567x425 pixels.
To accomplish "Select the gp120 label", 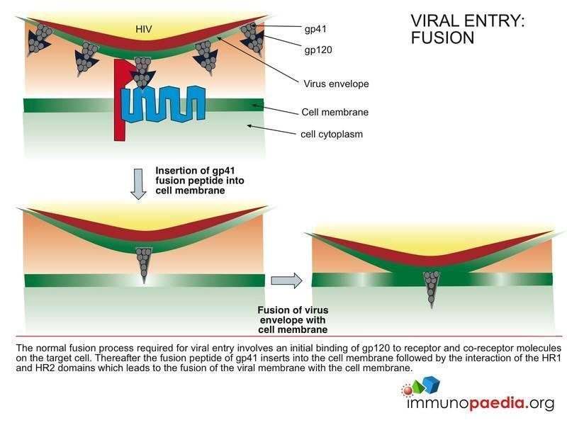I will [318, 51].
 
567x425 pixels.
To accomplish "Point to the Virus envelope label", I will [335, 84].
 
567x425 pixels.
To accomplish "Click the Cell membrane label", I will [335, 112].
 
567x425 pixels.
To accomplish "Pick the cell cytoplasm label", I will [332, 133].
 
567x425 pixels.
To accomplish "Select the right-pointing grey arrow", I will [286, 280].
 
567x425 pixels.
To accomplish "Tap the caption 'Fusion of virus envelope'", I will [293, 320].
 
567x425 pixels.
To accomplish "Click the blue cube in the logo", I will [430, 385].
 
